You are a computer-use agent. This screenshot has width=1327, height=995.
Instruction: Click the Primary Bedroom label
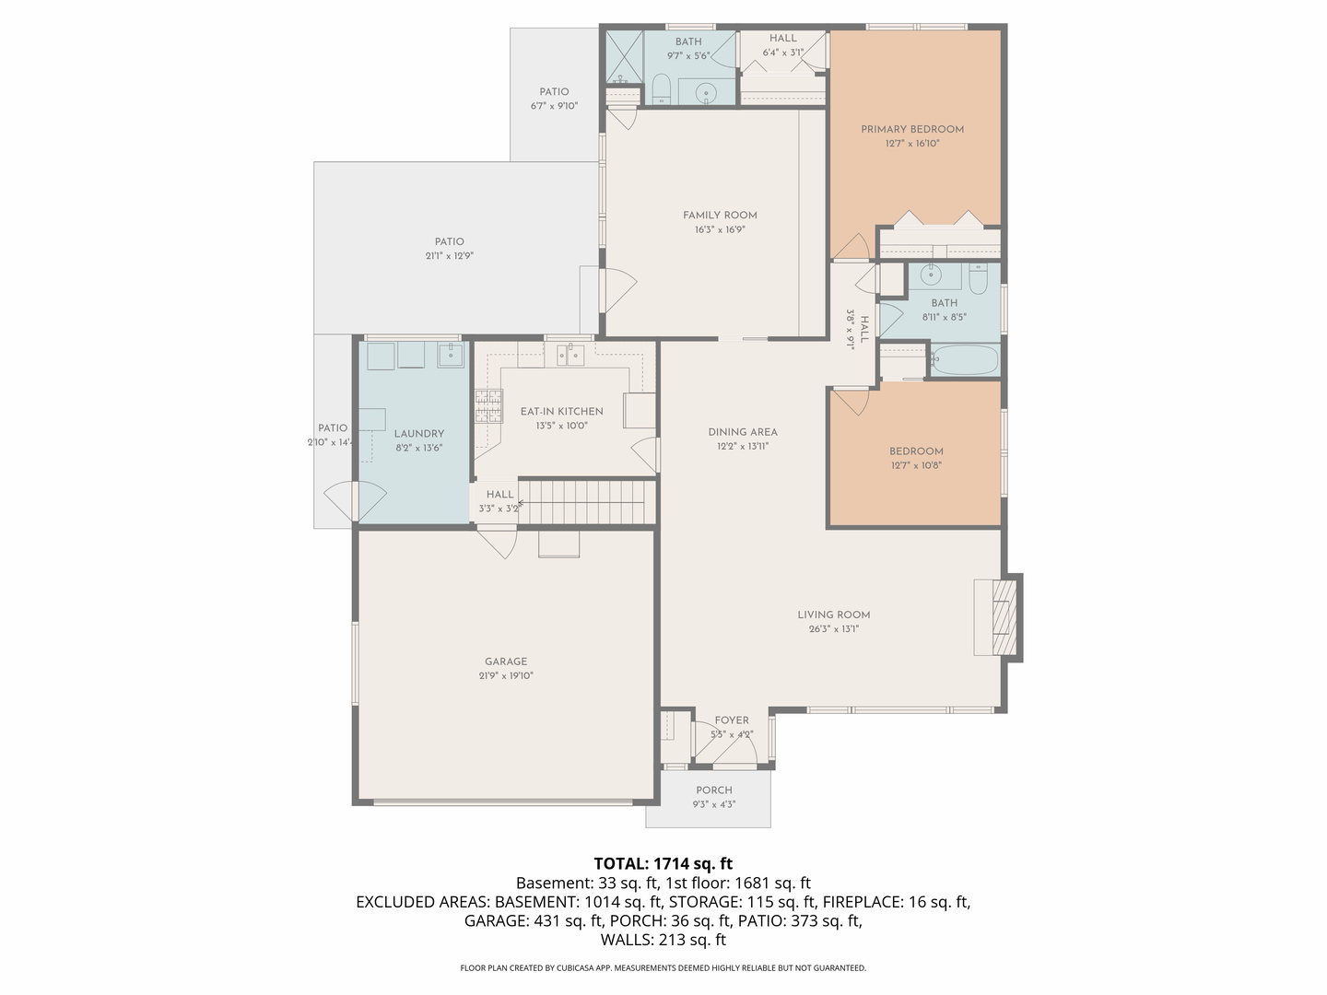[912, 129]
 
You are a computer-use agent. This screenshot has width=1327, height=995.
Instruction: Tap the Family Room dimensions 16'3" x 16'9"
[720, 229]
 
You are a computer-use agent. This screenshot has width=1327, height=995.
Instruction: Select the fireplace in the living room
[999, 616]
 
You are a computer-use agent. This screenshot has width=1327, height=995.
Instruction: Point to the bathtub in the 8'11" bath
[964, 360]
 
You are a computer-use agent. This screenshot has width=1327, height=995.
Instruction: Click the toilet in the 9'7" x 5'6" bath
[661, 89]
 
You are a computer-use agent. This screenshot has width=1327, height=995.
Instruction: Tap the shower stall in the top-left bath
[623, 57]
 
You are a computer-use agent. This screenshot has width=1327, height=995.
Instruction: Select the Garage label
[506, 661]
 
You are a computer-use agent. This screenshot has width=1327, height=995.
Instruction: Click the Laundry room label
[418, 434]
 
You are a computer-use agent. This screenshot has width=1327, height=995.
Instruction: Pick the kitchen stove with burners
[488, 405]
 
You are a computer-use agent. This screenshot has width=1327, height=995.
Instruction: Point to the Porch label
[714, 790]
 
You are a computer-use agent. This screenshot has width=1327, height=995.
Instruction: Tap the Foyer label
[732, 720]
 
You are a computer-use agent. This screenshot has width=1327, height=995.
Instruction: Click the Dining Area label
[743, 432]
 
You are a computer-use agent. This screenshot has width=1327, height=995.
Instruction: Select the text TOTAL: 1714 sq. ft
[663, 863]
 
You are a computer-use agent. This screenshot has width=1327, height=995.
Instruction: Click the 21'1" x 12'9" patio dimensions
[450, 256]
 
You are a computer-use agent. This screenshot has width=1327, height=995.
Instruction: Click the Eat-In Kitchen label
[561, 412]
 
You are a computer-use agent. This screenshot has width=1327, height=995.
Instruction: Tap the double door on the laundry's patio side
[355, 503]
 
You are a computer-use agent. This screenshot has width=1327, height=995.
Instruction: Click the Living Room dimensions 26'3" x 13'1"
[834, 629]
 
